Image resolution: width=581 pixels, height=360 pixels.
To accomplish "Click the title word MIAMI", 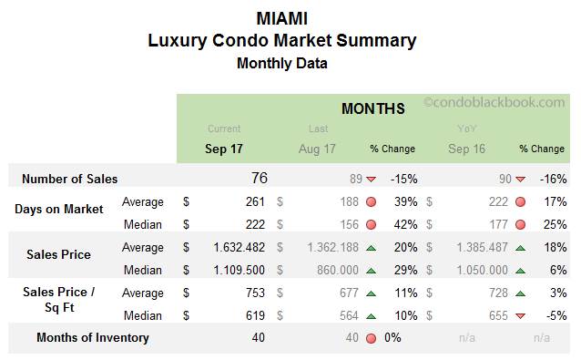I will click(x=281, y=18).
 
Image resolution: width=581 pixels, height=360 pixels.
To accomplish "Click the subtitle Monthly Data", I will click(x=281, y=63).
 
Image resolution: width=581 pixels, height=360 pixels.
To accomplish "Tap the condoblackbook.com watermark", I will click(x=494, y=104).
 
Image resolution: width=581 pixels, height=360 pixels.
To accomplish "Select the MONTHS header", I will click(x=372, y=109).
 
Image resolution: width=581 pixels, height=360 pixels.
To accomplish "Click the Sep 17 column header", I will click(x=224, y=148).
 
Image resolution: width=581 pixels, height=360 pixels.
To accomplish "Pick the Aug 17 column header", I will click(x=318, y=148).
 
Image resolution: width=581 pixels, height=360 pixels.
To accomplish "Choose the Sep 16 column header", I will click(x=466, y=148).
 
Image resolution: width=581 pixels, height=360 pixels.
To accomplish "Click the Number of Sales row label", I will click(x=69, y=180).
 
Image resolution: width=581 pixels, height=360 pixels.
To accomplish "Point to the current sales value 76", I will click(x=259, y=179).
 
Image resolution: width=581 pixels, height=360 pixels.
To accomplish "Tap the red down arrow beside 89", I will click(x=371, y=180).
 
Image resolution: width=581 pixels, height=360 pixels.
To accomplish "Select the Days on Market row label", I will click(x=59, y=210).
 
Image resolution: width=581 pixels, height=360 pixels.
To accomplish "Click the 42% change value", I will click(x=402, y=224).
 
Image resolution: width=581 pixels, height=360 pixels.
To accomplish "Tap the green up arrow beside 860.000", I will click(x=371, y=270).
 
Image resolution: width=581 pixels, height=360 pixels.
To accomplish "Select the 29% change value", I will click(x=402, y=270).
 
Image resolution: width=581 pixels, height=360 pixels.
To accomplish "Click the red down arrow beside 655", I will click(x=520, y=315).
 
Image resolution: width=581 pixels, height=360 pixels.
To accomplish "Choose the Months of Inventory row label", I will click(x=93, y=338).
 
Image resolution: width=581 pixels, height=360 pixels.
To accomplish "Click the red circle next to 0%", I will click(x=371, y=338).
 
